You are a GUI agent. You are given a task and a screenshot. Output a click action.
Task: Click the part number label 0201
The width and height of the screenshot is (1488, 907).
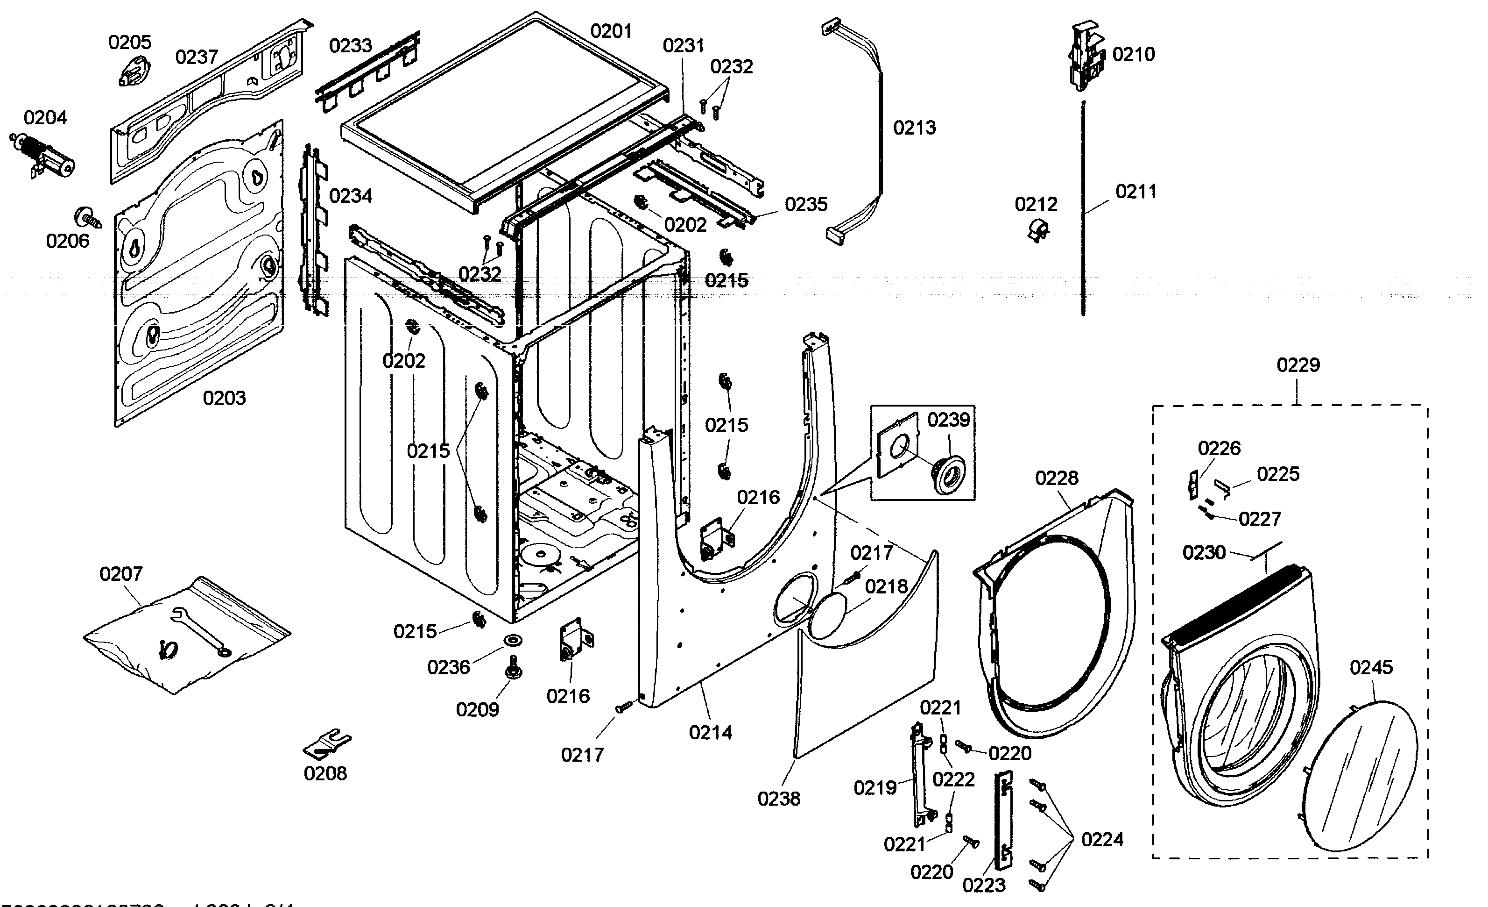coord(611,31)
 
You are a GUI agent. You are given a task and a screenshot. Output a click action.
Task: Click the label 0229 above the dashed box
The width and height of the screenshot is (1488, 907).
coord(1298,365)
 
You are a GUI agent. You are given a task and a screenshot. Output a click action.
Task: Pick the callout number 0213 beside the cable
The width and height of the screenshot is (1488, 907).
coord(914,128)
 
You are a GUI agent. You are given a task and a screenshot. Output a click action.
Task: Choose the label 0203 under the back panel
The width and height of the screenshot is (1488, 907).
coord(224,398)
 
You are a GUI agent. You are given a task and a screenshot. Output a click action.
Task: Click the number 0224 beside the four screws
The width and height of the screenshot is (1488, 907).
coord(1101,839)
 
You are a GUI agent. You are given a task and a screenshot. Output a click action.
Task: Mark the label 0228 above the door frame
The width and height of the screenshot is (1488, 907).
coord(1056,478)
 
